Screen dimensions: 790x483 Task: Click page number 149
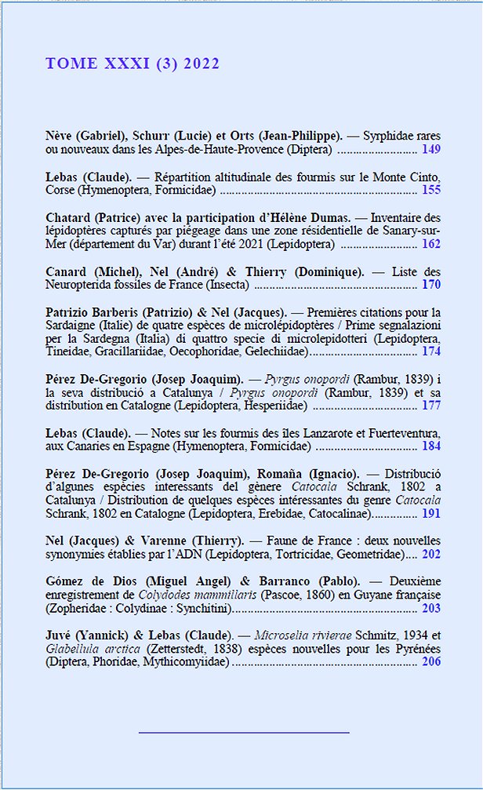pyautogui.click(x=430, y=148)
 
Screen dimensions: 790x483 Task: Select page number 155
pyautogui.click(x=430, y=189)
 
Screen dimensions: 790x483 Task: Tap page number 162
pyautogui.click(x=430, y=244)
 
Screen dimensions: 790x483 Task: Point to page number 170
pyautogui.click(x=430, y=285)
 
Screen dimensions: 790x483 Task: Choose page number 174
pyautogui.click(x=430, y=351)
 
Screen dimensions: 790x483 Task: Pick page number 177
pyautogui.click(x=430, y=406)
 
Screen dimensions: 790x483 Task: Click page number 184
pyautogui.click(x=430, y=446)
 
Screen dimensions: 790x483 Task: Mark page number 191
pyautogui.click(x=430, y=513)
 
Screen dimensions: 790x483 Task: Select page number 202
pyautogui.click(x=430, y=554)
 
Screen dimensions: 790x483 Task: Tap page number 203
pyautogui.click(x=430, y=608)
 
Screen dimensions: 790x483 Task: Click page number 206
pyautogui.click(x=430, y=662)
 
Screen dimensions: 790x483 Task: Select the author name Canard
pyautogui.click(x=66, y=271)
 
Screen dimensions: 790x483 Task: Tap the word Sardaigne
pyautogui.click(x=73, y=325)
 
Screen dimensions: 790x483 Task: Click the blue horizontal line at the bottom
pyautogui.click(x=243, y=733)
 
